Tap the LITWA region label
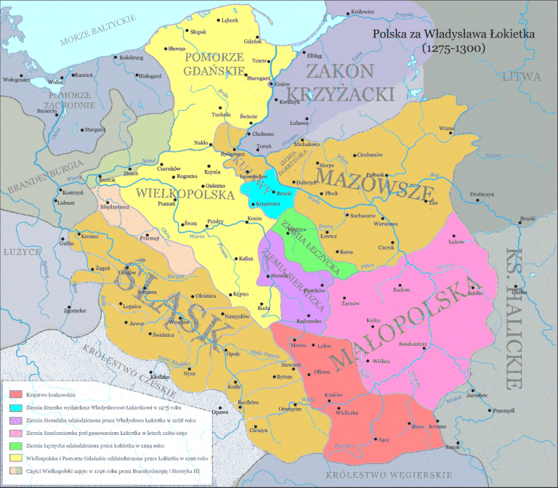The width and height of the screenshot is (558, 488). pos(525,76)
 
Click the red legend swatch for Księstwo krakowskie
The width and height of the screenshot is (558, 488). pos(15,395)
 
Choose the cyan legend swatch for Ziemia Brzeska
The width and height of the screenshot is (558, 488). pos(15,408)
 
